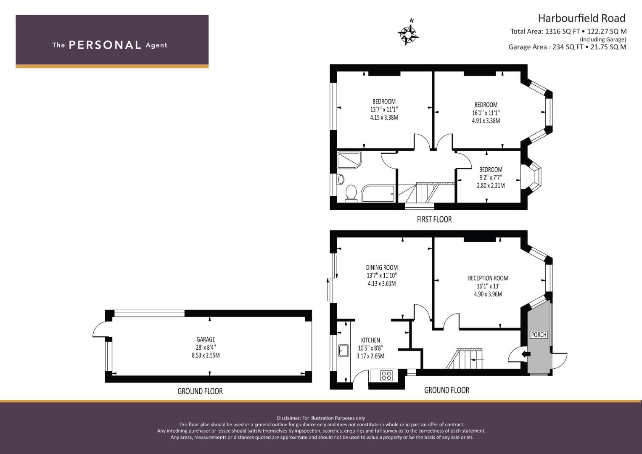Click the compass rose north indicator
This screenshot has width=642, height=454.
[408, 33]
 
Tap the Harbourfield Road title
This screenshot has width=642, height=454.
[581, 18]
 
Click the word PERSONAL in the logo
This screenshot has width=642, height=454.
[105, 45]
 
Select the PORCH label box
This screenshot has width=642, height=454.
[539, 335]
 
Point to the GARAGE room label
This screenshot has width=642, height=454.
[206, 339]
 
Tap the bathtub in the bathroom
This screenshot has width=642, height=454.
[378, 194]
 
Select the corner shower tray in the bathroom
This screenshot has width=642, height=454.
[349, 160]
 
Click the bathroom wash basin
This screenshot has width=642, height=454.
[341, 179]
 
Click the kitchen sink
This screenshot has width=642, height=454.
[343, 350]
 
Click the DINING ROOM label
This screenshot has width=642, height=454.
[382, 268]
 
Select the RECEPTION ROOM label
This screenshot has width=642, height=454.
[488, 278]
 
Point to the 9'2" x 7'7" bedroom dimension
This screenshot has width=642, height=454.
[491, 177]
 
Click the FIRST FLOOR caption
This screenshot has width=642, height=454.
[434, 219]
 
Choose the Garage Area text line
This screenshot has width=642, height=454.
[567, 47]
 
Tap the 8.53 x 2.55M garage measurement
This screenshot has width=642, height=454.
[206, 355]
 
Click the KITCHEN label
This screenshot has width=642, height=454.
[370, 340]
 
